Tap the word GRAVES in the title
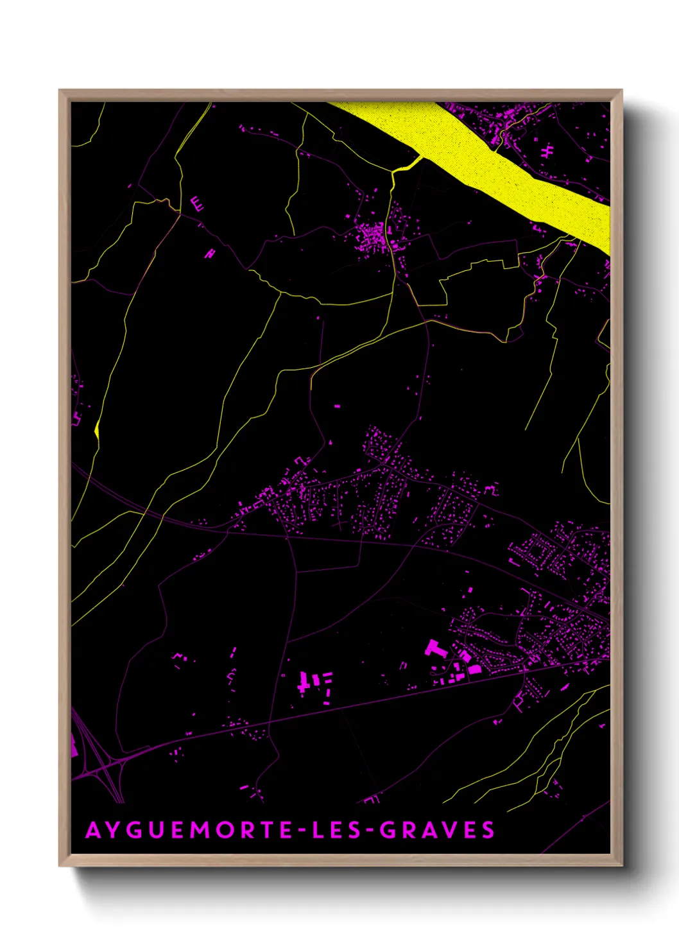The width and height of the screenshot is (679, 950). click(x=437, y=830)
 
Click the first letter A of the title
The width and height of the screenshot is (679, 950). click(x=93, y=830)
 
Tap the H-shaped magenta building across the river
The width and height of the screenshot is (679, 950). click(x=547, y=151)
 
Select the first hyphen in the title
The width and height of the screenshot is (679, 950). click(x=299, y=831)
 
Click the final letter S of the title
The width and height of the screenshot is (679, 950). click(x=489, y=830)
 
